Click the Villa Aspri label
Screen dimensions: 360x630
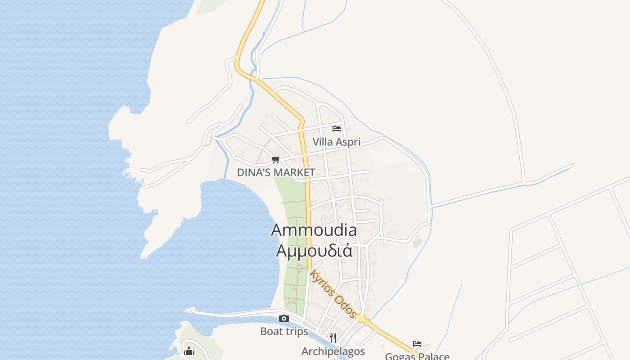point(337,142)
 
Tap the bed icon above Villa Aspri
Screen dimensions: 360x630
point(337,129)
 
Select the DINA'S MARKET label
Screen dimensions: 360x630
point(276,172)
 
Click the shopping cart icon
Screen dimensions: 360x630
point(276,160)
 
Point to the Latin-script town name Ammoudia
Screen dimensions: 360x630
point(314,230)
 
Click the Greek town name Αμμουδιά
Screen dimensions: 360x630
point(314,250)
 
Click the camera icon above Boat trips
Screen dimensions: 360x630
point(284,319)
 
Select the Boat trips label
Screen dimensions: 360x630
point(284,332)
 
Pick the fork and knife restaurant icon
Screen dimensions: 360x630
point(333,337)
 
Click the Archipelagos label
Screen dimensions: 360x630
point(333,351)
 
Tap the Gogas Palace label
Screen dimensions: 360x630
point(417,356)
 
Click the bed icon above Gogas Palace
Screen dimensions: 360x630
point(417,344)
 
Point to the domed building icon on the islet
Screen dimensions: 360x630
point(189,351)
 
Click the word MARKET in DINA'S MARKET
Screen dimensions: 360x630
point(294,172)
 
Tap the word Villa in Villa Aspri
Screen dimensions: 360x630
point(322,142)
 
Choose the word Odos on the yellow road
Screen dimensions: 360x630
point(346,307)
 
